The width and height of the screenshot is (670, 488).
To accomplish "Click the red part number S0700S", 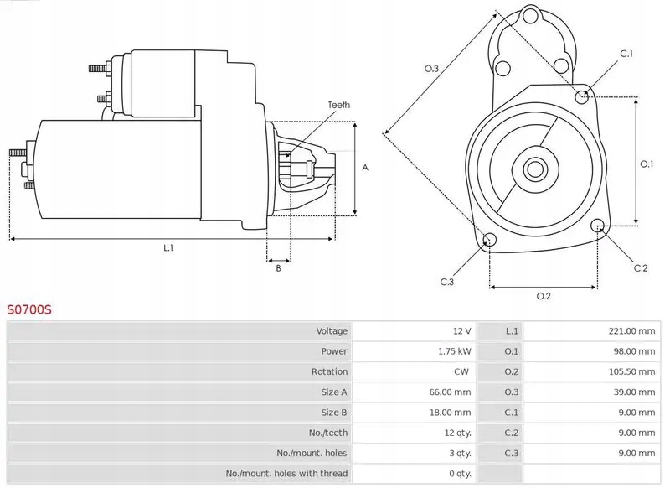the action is click(x=29, y=309).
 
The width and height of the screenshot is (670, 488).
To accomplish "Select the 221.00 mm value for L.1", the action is click(x=631, y=330).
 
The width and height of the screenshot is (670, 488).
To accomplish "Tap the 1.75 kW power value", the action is click(x=454, y=351).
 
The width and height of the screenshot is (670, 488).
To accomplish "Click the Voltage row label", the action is click(x=332, y=330).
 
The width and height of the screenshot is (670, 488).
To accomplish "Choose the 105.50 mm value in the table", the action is click(x=631, y=371).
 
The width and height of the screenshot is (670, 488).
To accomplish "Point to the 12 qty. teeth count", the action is click(x=457, y=433).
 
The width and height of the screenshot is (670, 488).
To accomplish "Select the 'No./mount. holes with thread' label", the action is click(x=286, y=474).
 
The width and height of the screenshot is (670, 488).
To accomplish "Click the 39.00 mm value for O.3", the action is click(x=634, y=392).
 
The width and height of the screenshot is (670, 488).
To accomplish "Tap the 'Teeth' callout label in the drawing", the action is click(x=339, y=105).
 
